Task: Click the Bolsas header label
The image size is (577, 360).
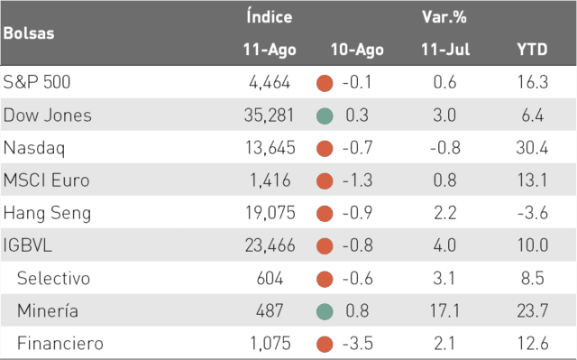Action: tap(29, 33)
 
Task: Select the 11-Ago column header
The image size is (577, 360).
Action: tap(270, 50)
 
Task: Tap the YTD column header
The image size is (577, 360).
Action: tap(532, 50)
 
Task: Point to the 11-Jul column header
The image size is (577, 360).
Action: tap(445, 50)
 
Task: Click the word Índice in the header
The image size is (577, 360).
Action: tap(270, 17)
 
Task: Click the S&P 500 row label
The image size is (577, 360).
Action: tap(36, 82)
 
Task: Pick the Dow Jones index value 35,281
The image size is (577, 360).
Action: tap(269, 115)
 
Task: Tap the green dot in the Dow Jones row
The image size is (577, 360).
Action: tap(325, 116)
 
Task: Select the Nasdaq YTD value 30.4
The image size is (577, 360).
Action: tap(532, 148)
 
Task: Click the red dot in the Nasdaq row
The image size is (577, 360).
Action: tap(325, 149)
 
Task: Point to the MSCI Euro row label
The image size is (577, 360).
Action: tap(46, 180)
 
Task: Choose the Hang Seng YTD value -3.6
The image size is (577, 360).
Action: tap(533, 213)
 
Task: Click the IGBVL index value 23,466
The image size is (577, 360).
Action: tap(270, 245)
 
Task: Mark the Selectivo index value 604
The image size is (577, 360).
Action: tap(270, 278)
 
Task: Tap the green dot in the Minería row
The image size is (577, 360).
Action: tap(325, 311)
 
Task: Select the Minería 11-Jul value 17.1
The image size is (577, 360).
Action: tap(444, 310)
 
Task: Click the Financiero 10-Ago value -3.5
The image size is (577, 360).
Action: tap(357, 343)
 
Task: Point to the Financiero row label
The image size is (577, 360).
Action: tap(60, 343)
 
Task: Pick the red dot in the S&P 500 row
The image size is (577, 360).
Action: tap(325, 83)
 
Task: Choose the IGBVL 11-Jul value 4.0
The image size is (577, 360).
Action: tap(444, 245)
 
